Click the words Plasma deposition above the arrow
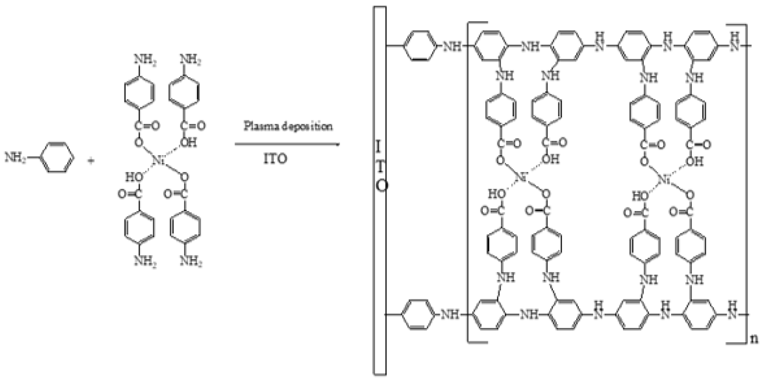pos(288,126)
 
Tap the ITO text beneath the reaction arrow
pos(275,158)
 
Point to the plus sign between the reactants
pos(91,161)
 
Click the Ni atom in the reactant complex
pos(158,160)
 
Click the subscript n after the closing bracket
pos(754,338)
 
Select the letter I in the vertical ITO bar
pos(378,147)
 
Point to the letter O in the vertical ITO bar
pos(382,186)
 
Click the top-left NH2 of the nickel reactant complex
pos(145,59)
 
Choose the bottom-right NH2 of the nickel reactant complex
pos(191,261)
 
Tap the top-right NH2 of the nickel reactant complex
pos(190,59)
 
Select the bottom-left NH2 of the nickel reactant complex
pos(145,261)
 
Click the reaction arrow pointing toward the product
pos(287,144)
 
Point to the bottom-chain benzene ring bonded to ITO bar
pos(418,315)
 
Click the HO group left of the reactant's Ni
pos(134,177)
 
